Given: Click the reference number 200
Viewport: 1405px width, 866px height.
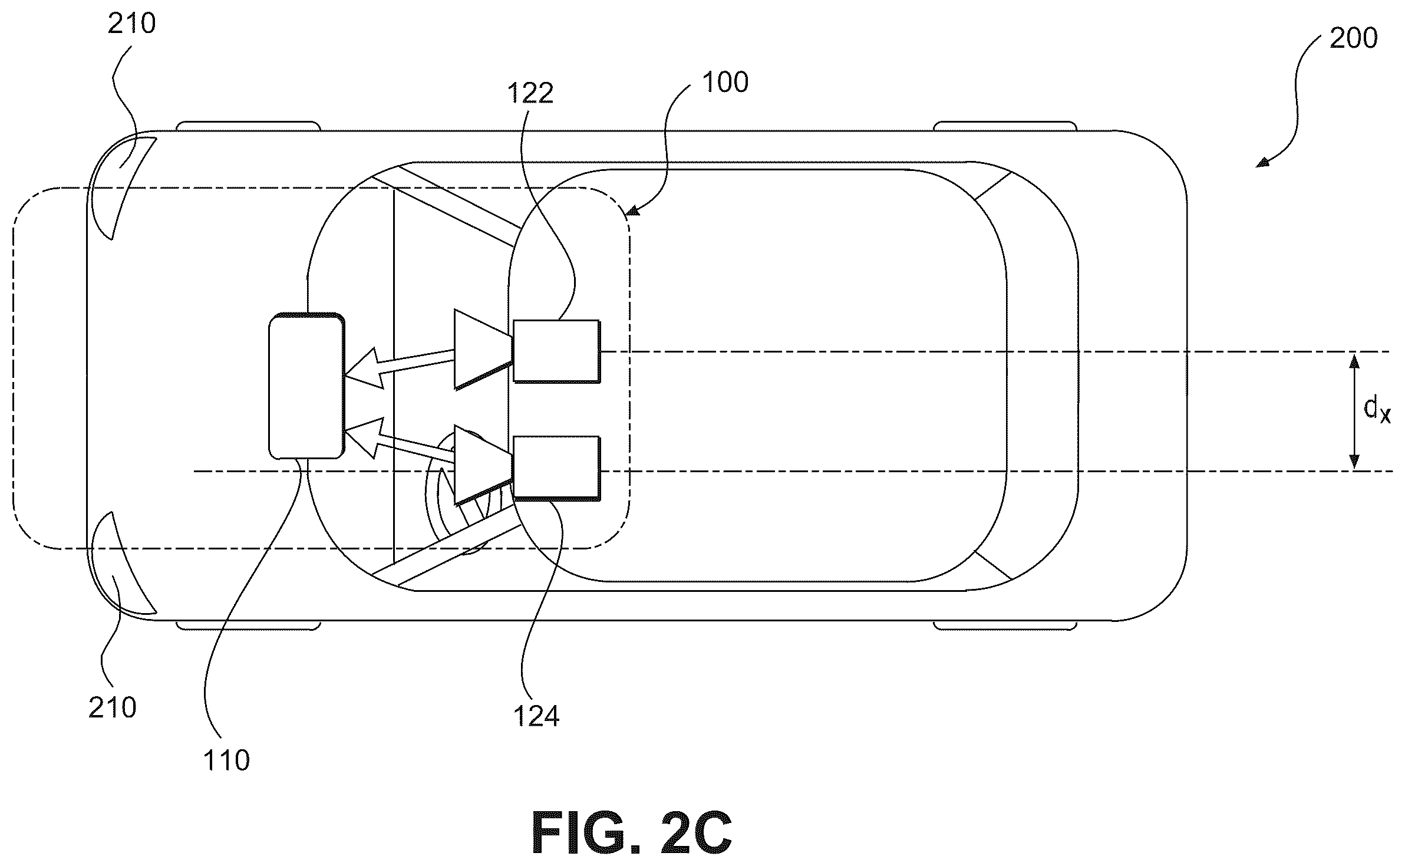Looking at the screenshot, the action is coord(1353,39).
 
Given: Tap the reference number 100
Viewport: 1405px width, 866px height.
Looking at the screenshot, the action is coord(725,82).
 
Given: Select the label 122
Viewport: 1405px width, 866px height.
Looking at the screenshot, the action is coord(530,93).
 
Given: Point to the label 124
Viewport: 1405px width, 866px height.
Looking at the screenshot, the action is coord(535,716).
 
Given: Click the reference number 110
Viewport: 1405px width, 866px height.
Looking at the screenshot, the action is coord(226,760).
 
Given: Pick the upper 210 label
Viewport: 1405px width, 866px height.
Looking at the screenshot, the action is coord(131,24).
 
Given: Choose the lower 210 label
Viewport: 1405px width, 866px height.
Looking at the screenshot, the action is coord(113,707).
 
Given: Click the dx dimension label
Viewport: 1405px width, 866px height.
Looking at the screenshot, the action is coord(1377,410).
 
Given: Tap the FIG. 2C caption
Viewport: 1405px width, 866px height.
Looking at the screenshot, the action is coord(632,833).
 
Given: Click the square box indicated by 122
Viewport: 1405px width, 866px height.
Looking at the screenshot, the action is coord(556,351).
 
